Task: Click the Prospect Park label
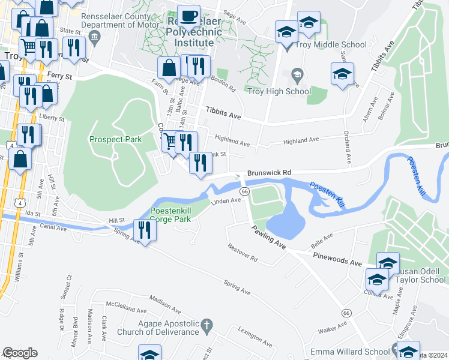115,139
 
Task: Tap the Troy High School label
279,91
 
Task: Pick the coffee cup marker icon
190,15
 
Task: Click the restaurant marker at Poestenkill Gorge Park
144,229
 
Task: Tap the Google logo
20,353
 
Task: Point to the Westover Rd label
243,253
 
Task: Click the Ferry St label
59,77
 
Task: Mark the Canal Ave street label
54,227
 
